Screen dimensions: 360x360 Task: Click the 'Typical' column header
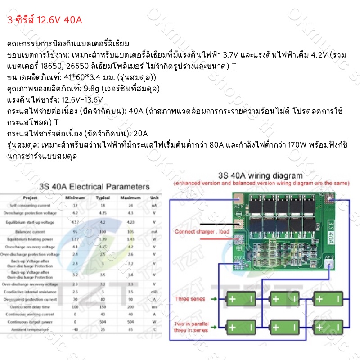(103, 198)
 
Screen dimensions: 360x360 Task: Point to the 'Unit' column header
(154, 198)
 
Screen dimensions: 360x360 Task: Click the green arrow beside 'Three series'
(215, 299)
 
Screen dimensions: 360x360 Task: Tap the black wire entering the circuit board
(216, 223)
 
